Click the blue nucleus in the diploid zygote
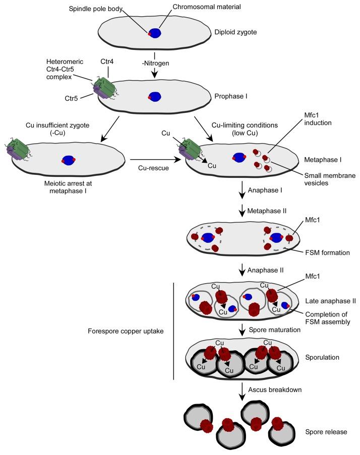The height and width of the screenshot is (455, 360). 156,33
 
